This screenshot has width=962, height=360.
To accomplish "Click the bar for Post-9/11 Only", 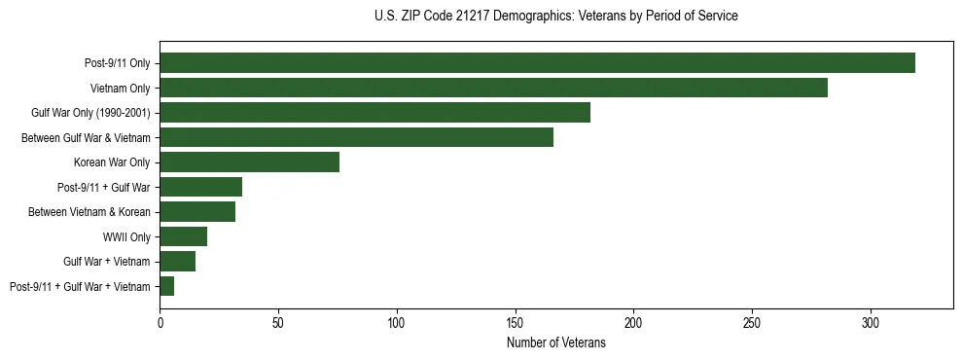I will tap(537, 63).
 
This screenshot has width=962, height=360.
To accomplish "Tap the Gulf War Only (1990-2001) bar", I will tap(374, 113).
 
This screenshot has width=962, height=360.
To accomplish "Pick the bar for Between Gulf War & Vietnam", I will tap(356, 137).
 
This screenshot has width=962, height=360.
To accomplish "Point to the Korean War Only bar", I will tap(249, 162).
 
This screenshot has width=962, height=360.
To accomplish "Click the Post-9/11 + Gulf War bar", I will tap(200, 187).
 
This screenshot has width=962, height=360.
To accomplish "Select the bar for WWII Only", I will tap(183, 236).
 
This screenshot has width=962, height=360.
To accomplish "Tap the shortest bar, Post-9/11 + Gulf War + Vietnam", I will tap(166, 286).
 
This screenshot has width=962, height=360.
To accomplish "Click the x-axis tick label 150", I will tap(516, 321).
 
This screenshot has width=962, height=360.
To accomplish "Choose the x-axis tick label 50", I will tap(278, 321).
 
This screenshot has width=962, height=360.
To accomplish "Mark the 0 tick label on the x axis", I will tap(160, 321).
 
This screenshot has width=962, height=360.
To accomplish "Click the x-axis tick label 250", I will tap(752, 321).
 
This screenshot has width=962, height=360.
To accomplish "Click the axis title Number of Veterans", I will tap(556, 343).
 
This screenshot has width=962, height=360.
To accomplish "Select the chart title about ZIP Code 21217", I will tap(555, 17).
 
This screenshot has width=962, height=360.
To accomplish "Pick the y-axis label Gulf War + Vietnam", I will tap(107, 262).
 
